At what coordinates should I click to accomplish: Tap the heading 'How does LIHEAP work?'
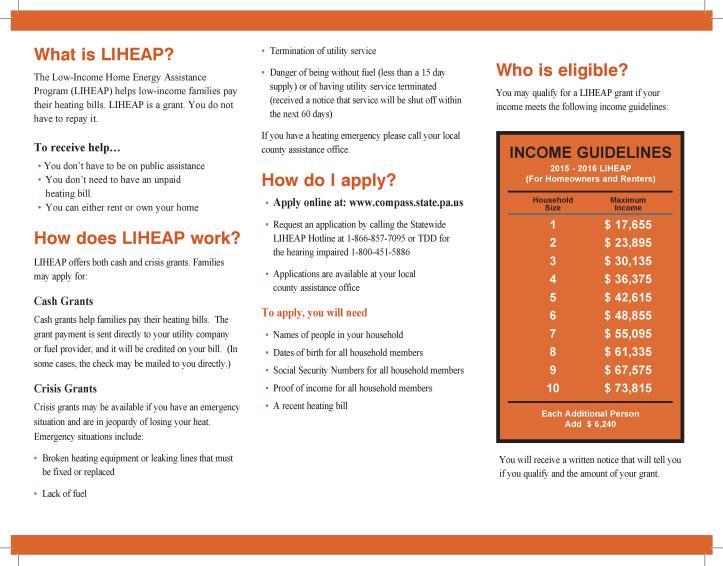click(x=135, y=237)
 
